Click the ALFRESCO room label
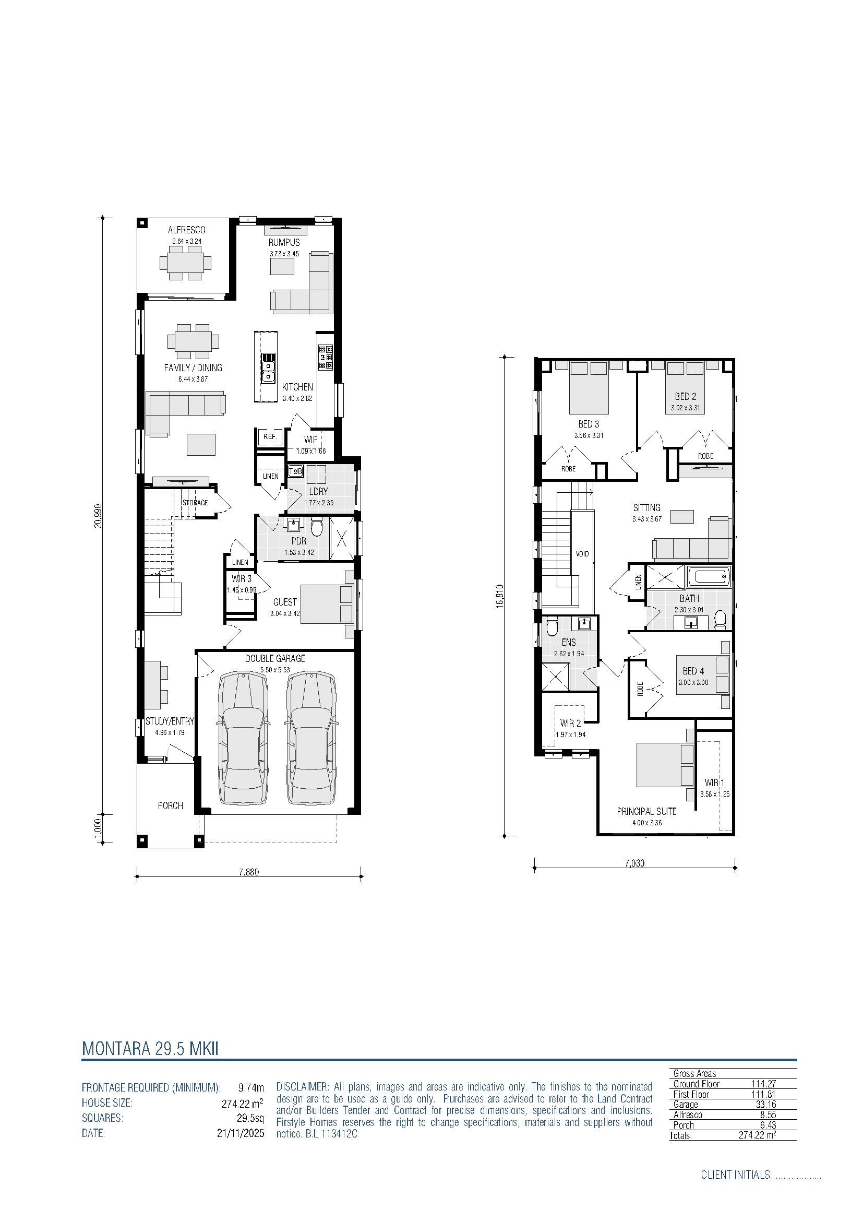point(186,230)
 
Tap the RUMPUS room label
point(284,243)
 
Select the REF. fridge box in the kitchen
point(270,436)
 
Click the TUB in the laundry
point(295,471)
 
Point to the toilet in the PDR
point(317,527)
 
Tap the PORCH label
point(170,805)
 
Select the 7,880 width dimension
point(249,872)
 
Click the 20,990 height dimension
point(98,515)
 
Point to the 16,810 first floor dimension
point(499,596)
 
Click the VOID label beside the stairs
point(582,553)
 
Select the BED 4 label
point(693,671)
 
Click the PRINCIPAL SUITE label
point(646,811)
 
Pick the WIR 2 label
point(571,723)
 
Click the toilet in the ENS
point(552,625)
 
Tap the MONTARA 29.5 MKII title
point(150,1048)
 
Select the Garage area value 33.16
point(766,1104)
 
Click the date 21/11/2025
point(240,1133)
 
